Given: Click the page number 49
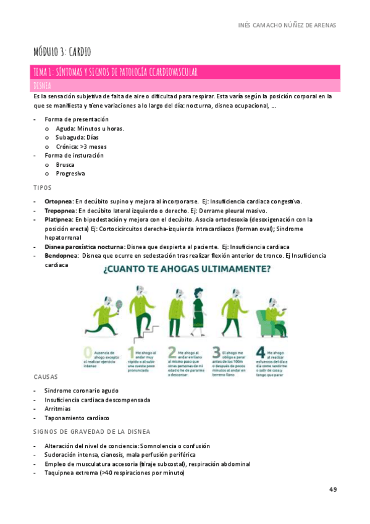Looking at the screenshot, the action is (x=333, y=489).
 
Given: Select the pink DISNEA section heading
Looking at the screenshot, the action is (x=43, y=85).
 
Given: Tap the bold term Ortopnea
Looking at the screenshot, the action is (x=59, y=201).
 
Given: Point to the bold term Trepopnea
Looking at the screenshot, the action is (x=60, y=210).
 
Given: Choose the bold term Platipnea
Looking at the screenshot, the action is (x=59, y=219).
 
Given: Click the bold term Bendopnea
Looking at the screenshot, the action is (x=61, y=255).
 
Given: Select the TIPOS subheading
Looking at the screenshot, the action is (x=42, y=187).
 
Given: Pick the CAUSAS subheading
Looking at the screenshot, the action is (x=46, y=376).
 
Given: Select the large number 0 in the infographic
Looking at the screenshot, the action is (x=88, y=354).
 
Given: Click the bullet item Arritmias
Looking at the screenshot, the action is (x=57, y=408).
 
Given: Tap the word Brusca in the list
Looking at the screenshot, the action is (x=65, y=164).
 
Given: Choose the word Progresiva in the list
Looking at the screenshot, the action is (x=70, y=174).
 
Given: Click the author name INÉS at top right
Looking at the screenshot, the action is (x=245, y=25).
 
